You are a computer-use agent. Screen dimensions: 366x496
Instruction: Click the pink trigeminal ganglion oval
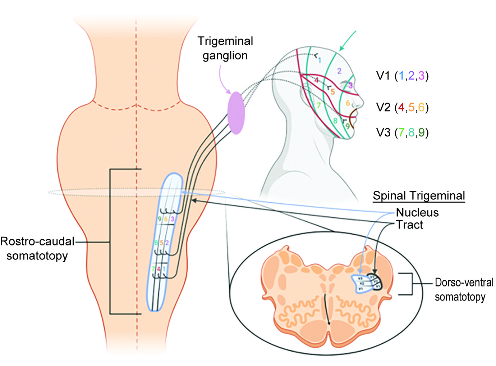pos(236,113)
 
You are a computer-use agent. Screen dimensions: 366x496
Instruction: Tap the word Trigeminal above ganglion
pos(225,41)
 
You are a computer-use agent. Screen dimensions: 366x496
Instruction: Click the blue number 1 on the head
pos(319,60)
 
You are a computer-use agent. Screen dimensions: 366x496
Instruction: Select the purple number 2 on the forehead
pos(339,71)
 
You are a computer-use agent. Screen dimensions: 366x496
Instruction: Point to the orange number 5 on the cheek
pos(332,92)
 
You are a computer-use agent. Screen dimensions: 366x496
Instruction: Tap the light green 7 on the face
pos(318,105)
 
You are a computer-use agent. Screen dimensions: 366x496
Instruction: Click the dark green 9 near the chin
pos(347,126)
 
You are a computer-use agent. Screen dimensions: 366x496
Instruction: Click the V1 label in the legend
pos(383,76)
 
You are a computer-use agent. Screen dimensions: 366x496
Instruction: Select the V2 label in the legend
pos(383,107)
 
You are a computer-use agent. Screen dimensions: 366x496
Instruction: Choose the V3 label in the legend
pos(383,132)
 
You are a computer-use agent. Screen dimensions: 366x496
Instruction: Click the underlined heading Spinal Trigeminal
pos(419,196)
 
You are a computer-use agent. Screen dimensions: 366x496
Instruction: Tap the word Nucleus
pos(417,212)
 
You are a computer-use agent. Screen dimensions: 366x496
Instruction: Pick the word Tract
pos(409,225)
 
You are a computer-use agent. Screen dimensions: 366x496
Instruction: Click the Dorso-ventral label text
pos(464,283)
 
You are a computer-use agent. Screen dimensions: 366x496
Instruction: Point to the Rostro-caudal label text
pos(37,241)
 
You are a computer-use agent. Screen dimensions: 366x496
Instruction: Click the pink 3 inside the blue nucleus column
pos(173,219)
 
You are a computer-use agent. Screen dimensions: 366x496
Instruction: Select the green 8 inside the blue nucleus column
pos(156,243)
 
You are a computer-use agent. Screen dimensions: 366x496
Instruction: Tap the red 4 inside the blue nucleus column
pos(159,269)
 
